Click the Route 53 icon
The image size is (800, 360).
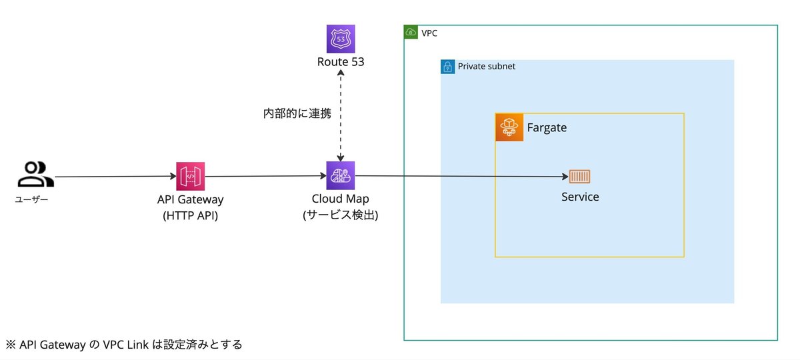[x=341, y=39]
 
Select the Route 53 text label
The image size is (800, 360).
[x=341, y=62]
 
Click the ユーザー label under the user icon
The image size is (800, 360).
[x=31, y=199]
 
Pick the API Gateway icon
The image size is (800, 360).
[x=191, y=175]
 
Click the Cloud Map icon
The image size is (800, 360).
[x=341, y=175]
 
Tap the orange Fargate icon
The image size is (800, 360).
[x=509, y=127]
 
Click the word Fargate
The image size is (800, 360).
[x=547, y=127]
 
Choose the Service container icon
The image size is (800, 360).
[x=579, y=177]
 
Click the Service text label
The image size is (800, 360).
[x=580, y=197]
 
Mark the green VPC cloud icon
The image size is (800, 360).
[x=411, y=32]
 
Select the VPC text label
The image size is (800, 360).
[x=430, y=32]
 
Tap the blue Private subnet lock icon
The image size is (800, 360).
[x=447, y=67]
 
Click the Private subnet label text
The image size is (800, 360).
[x=486, y=67]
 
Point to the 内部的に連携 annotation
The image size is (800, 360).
[x=297, y=113]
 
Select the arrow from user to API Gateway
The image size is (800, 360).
[x=113, y=177]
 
